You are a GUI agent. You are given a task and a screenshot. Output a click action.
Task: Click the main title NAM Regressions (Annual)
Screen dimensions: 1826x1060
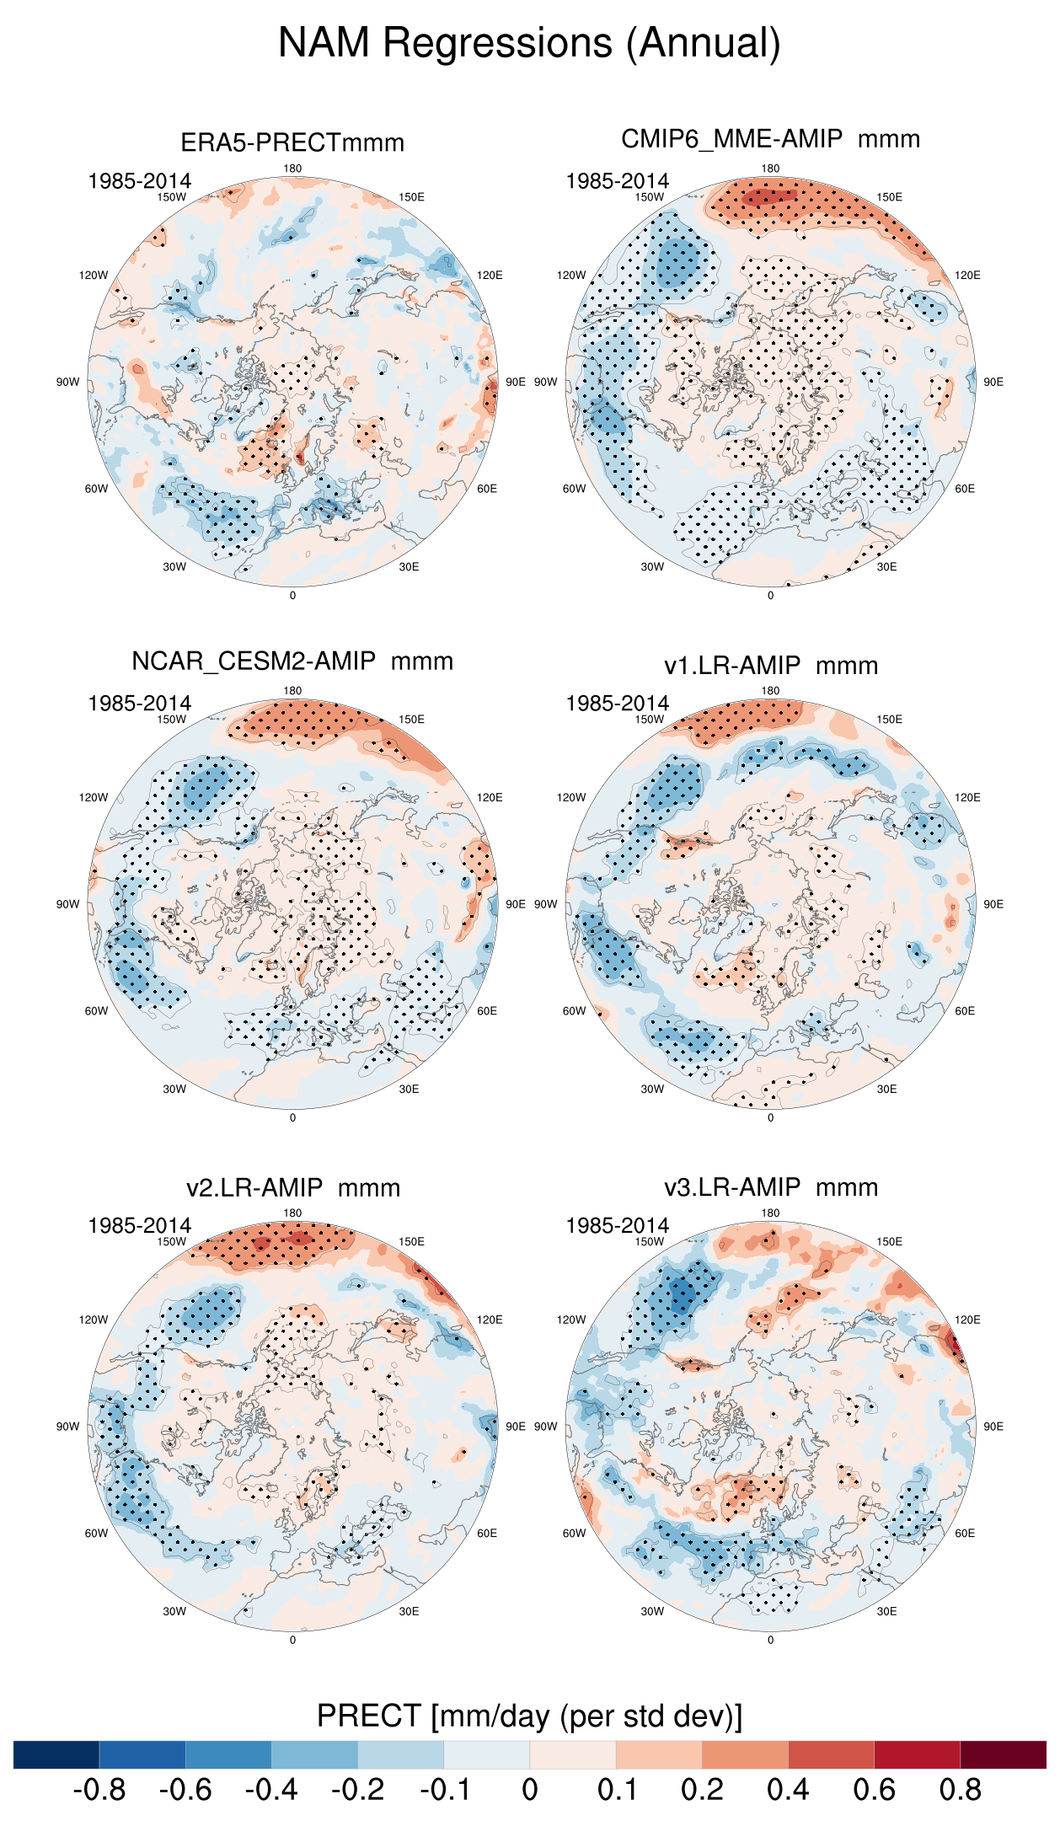tap(529, 43)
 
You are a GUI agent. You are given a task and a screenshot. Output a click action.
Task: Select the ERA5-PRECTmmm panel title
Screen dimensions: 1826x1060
tap(292, 142)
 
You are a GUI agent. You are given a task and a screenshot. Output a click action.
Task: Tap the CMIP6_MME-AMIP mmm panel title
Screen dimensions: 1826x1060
tap(770, 139)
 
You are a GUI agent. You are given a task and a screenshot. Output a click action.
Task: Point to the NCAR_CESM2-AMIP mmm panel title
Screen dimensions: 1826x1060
tap(292, 661)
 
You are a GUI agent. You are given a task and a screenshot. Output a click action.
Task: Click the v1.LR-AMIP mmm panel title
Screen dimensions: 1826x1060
tap(770, 666)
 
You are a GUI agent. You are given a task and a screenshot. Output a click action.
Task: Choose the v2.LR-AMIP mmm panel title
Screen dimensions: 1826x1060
tap(292, 1188)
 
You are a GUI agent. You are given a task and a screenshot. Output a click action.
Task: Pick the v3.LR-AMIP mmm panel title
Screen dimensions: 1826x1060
tap(770, 1187)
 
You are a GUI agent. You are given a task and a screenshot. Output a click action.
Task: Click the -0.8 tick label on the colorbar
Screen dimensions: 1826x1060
tap(99, 1790)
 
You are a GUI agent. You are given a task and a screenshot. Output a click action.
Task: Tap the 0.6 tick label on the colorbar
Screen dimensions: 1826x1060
tap(874, 1790)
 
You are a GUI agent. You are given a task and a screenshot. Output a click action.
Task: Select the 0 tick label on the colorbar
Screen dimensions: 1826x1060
tap(529, 1790)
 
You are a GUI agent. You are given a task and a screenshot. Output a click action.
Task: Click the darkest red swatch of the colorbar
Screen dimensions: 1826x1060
tap(1003, 1754)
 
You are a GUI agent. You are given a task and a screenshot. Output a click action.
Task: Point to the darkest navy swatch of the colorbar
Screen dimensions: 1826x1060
tap(56, 1754)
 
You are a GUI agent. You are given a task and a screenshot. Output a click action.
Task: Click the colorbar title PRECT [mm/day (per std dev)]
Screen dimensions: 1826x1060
tap(529, 1716)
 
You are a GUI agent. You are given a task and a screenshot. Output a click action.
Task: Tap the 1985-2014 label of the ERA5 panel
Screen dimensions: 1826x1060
tap(139, 181)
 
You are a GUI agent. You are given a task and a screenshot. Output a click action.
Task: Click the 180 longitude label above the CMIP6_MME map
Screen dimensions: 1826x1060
tap(770, 169)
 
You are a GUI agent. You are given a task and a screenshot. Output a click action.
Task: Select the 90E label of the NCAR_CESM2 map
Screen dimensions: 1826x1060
tap(515, 904)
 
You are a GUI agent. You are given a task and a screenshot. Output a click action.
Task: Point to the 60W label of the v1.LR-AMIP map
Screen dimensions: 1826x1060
tap(574, 1011)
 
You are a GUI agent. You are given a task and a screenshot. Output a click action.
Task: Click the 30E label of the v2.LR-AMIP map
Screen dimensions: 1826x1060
tap(409, 1611)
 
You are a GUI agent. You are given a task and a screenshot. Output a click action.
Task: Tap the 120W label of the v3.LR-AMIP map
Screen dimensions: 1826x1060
tap(571, 1320)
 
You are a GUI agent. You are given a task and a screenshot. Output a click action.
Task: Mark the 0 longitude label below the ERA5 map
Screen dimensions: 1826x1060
tap(292, 596)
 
